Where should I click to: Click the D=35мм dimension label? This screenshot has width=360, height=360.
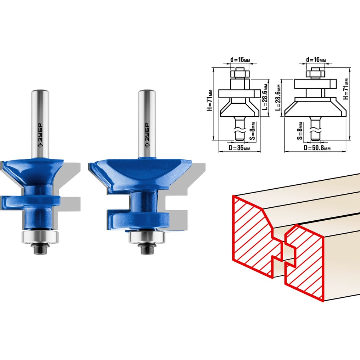click(239, 148)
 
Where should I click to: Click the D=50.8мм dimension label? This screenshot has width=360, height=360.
click(317, 148)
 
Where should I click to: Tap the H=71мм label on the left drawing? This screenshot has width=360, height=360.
click(210, 100)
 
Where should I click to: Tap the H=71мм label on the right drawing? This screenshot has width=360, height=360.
click(346, 89)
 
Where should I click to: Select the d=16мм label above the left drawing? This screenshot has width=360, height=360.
click(240, 60)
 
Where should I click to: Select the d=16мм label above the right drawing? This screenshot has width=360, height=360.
click(316, 60)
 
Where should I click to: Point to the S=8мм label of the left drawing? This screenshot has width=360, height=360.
click(252, 131)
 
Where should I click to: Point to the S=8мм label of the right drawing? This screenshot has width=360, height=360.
click(300, 131)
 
